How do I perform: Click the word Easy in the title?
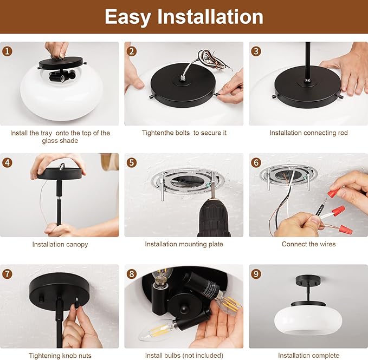pos(128,17)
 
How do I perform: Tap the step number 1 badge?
pos(7,51)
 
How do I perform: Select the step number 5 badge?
pos(132,162)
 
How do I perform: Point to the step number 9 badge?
pos(256,274)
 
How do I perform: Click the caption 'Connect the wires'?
pos(308,244)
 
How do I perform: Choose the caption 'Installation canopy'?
pos(60,245)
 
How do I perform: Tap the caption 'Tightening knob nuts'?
pos(60,356)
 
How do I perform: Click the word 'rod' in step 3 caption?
pos(343,133)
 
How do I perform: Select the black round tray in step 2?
pos(183,84)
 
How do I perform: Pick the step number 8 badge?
pos(132,274)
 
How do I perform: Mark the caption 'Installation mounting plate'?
pos(184,244)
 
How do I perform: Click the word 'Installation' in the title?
pos(210,17)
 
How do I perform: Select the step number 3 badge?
pos(256,51)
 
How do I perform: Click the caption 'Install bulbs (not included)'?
pos(184,356)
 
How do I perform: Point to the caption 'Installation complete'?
pos(308,356)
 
